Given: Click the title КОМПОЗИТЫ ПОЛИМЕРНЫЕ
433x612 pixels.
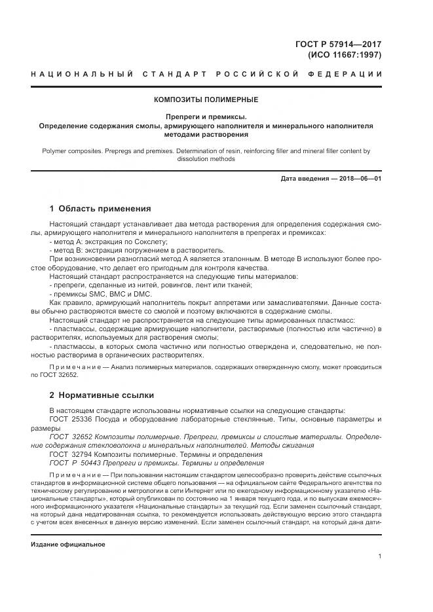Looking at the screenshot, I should [206, 99].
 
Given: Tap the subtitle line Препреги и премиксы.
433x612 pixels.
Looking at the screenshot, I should [206, 116].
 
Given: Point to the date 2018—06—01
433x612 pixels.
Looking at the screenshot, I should [358, 178].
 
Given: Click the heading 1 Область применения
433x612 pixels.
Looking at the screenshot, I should [100, 209].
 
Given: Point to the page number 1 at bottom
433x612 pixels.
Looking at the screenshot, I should [380, 556].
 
